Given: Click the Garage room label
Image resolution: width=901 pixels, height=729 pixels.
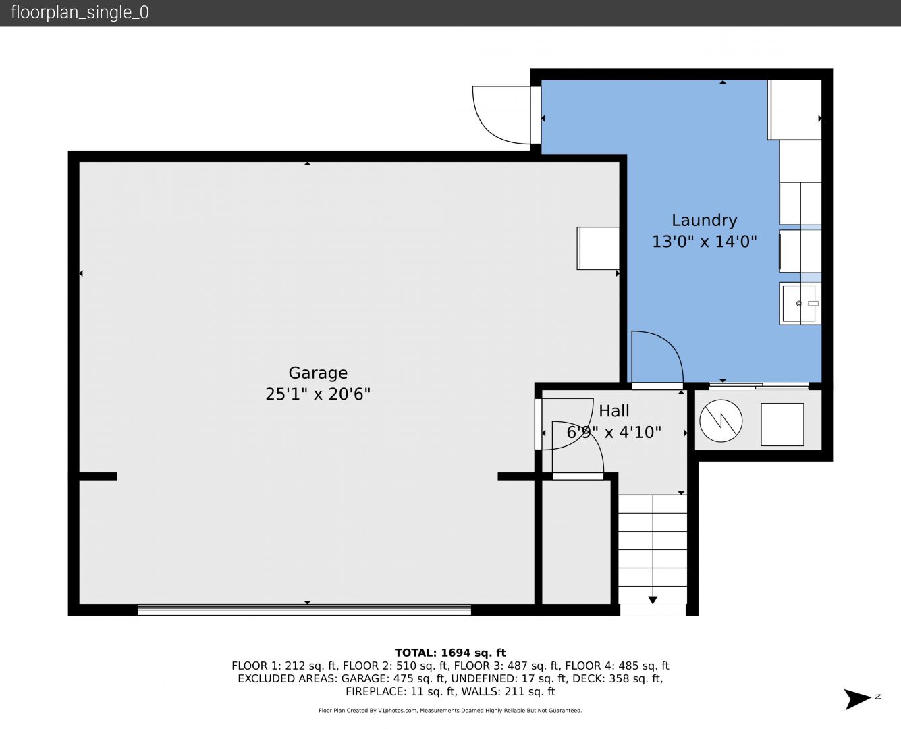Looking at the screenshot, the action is click(318, 373).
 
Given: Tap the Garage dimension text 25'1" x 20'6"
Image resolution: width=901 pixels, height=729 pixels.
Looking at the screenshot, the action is click(318, 394).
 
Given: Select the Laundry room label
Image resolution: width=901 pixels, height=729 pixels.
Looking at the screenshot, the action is click(705, 221).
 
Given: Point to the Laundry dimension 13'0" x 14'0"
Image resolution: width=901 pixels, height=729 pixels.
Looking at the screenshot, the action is click(705, 242).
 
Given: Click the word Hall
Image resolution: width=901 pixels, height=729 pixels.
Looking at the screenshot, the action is click(613, 411).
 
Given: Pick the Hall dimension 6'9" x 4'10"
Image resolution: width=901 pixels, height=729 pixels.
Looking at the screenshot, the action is click(613, 433).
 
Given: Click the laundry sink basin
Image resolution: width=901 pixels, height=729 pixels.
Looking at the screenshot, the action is click(798, 304).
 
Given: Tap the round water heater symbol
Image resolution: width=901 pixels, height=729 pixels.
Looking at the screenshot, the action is click(721, 421).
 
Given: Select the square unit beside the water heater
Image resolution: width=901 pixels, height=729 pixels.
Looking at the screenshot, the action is click(782, 425).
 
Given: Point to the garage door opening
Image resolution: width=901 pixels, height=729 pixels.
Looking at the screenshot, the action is click(304, 610).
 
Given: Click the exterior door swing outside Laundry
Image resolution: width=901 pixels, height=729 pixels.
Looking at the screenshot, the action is click(501, 115).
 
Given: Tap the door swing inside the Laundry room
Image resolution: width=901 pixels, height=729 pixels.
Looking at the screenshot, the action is click(657, 357).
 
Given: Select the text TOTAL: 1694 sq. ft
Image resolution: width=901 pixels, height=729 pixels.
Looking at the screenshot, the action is click(450, 653).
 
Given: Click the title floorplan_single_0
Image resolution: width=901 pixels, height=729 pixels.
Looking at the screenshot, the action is click(80, 12).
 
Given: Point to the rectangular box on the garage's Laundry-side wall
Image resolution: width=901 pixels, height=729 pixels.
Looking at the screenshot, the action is click(598, 248).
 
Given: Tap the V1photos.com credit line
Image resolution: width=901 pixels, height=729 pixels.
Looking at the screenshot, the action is click(450, 710).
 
